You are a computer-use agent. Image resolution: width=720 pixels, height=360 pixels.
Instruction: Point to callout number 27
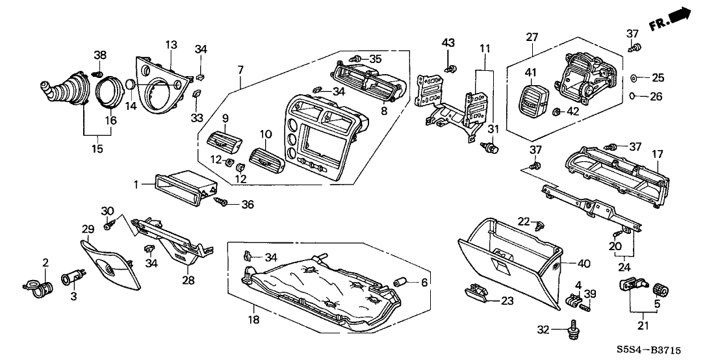coord(532,36)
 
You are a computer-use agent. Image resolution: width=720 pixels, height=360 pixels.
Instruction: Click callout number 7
coord(240,70)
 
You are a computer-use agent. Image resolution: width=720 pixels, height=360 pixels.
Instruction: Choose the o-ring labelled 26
coord(632,96)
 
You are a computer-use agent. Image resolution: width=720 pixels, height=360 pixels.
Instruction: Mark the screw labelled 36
coord(224,203)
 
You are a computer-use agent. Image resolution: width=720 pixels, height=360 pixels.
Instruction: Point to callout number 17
coord(657,154)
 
